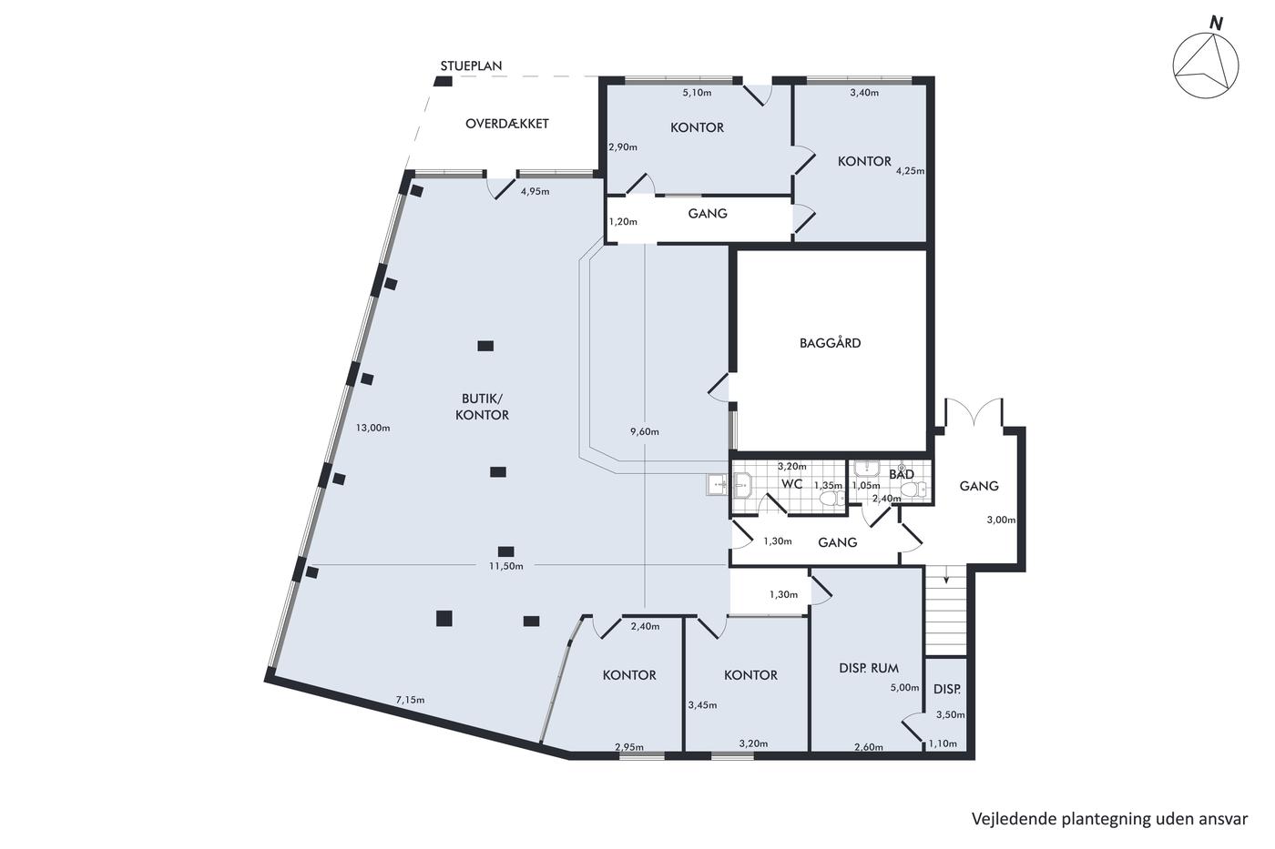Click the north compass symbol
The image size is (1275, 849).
(1206, 65)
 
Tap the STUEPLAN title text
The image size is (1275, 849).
(471, 66)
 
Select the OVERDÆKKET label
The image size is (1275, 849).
(506, 124)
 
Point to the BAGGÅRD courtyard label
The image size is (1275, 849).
(830, 342)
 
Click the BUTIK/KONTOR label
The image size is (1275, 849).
(482, 407)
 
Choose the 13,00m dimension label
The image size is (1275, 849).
(372, 428)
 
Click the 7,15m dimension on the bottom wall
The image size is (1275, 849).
(410, 700)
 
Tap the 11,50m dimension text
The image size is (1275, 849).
(506, 566)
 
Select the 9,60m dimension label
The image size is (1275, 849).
(645, 431)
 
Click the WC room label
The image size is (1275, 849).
(791, 484)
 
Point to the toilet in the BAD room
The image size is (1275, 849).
(914, 489)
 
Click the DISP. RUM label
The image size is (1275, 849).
(869, 668)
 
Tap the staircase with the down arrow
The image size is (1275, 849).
(946, 611)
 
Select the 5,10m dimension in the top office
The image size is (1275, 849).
(697, 93)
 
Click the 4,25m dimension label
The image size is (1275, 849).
(910, 170)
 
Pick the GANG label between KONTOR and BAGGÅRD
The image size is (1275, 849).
(708, 213)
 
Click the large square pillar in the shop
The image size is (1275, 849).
(444, 618)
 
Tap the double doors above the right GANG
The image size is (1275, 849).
(974, 411)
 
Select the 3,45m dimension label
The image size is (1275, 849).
(702, 705)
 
